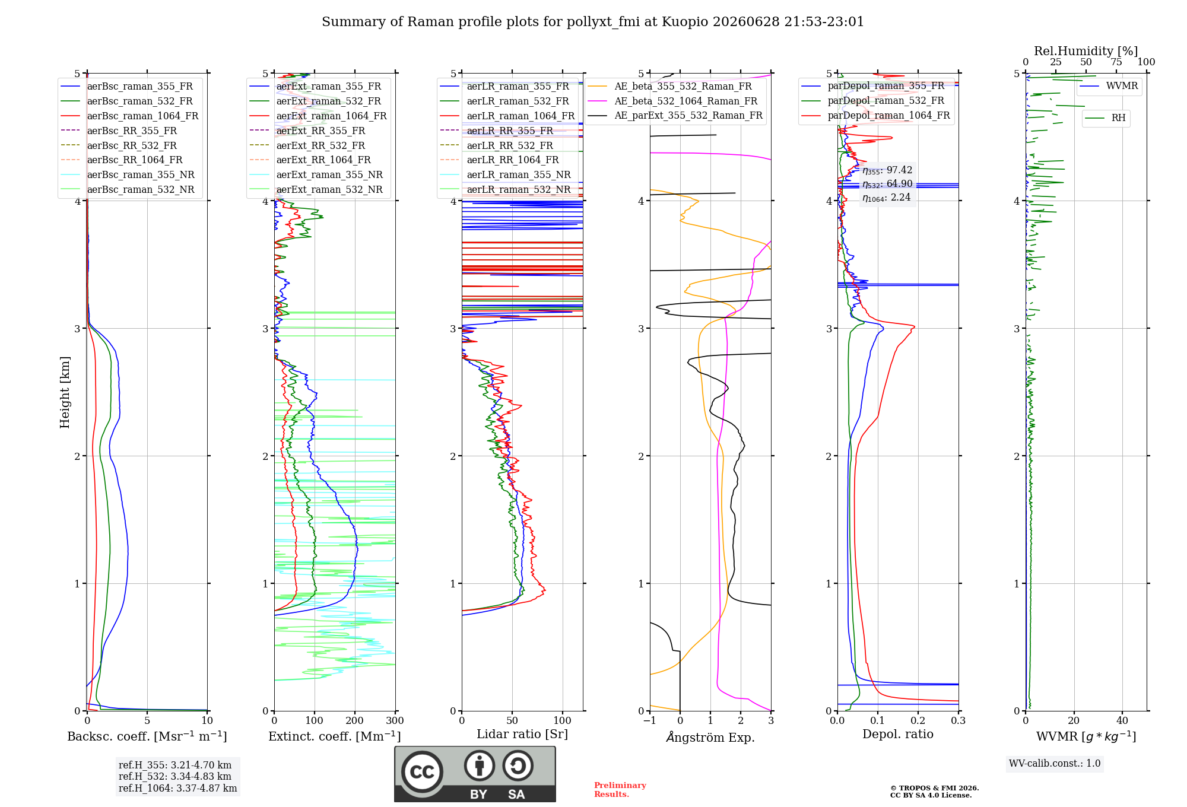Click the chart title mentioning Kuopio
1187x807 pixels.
tap(593, 22)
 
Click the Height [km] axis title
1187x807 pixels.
tap(65, 392)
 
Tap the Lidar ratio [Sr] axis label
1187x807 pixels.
tap(522, 734)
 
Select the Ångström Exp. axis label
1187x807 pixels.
tap(710, 737)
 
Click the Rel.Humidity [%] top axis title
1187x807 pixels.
tap(1086, 51)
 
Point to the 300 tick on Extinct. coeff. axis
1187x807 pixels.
tap(395, 720)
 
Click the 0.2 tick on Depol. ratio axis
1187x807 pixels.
tap(918, 720)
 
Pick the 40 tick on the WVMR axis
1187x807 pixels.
tap(1122, 720)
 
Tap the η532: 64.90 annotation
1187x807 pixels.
tap(887, 184)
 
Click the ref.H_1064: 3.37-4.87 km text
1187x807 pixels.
tap(177, 788)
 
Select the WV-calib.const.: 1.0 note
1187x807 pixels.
tap(1055, 763)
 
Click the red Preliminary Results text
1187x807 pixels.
tap(620, 790)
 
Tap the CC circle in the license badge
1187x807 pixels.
tap(422, 771)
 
